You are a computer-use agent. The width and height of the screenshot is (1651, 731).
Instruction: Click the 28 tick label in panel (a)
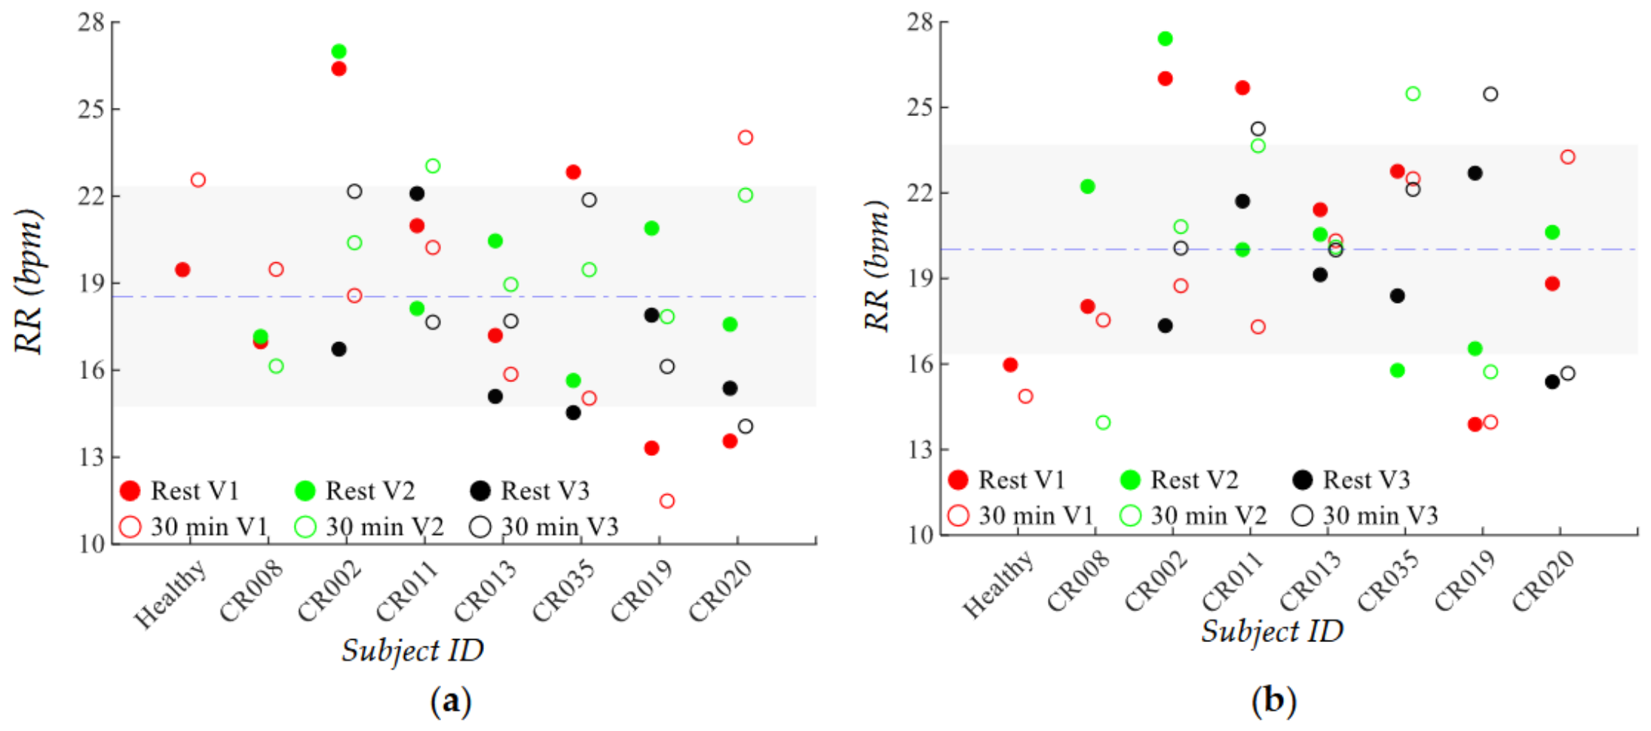click(x=92, y=22)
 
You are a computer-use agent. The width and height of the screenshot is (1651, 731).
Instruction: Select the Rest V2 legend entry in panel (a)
click(x=354, y=491)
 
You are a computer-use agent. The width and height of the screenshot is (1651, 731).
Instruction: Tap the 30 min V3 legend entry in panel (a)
click(x=544, y=526)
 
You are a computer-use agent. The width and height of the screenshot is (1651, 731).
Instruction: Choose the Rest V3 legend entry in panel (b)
click(x=1351, y=480)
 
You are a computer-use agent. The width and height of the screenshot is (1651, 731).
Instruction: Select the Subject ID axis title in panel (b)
click(x=1273, y=631)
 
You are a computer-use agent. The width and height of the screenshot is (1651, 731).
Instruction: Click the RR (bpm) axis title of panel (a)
click(x=29, y=281)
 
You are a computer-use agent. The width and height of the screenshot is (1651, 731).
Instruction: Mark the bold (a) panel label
click(x=451, y=701)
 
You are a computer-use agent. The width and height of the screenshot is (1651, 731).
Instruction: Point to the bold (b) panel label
click(x=1274, y=701)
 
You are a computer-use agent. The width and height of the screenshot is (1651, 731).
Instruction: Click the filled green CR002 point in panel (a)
click(x=339, y=51)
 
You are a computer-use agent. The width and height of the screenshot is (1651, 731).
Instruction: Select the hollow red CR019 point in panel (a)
click(x=667, y=500)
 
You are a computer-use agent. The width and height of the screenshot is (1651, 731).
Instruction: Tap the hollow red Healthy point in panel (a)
click(x=198, y=179)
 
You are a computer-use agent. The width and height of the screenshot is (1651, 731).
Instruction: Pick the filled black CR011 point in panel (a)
click(x=417, y=194)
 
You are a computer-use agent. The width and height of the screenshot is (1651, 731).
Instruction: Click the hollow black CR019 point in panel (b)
click(x=1490, y=94)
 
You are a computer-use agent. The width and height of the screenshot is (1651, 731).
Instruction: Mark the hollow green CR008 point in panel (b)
click(x=1103, y=423)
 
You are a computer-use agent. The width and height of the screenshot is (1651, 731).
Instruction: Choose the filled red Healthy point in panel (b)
click(x=1010, y=365)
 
